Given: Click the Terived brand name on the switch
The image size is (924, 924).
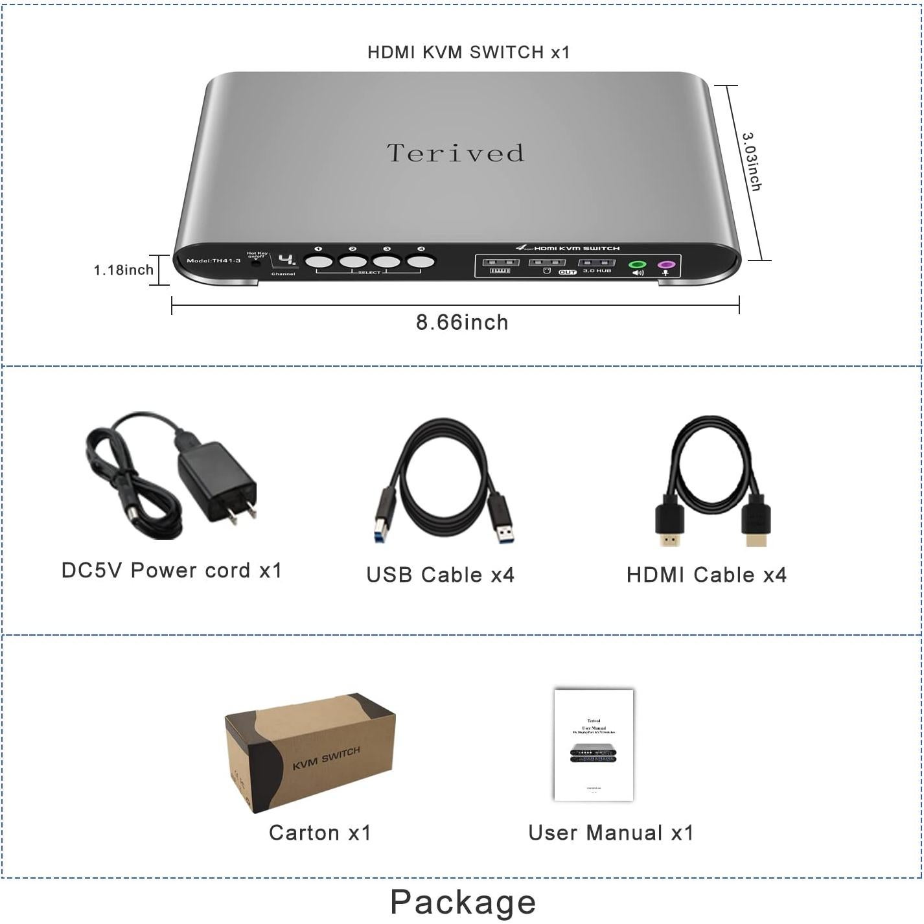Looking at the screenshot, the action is (456, 154).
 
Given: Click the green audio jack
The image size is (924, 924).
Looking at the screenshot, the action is (638, 265).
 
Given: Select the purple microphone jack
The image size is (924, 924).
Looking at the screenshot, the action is (665, 265).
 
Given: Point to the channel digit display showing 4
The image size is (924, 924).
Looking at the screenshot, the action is (286, 260).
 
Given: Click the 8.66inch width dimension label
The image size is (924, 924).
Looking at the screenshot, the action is (462, 323).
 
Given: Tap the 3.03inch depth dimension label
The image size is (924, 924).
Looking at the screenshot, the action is (752, 162).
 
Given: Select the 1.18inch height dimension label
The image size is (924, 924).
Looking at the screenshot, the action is (124, 270).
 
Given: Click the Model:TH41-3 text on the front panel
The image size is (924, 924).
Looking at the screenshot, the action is (213, 261).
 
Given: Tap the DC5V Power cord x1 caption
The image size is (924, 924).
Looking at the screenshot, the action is (172, 570).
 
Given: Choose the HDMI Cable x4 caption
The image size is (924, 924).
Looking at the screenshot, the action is (706, 575).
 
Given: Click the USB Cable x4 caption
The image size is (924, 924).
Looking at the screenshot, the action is (440, 575).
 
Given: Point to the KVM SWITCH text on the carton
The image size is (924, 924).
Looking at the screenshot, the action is (326, 758).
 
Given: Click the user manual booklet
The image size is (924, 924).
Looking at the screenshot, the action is (594, 745).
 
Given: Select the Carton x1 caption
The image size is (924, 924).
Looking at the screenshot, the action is (320, 833).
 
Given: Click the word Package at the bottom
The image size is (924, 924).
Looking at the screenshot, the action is (463, 901).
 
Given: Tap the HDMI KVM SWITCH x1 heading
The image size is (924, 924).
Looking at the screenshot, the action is (468, 52).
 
